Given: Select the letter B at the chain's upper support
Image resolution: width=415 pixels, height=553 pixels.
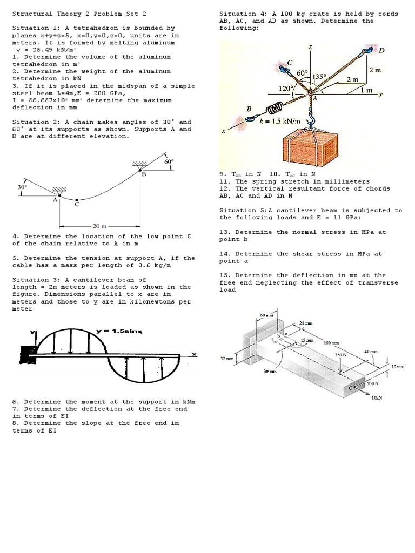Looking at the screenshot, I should coord(144,175).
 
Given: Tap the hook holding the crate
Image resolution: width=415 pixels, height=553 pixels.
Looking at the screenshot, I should coord(312,116).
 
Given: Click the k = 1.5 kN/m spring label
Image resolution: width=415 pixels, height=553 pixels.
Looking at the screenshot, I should coord(280,122).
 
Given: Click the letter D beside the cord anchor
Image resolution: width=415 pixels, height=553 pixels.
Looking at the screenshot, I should coord(381,51).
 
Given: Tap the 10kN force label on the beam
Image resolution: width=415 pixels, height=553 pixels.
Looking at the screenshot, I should coord(377,397).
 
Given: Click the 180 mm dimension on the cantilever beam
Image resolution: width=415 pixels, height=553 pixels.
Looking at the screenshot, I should coord(331,342).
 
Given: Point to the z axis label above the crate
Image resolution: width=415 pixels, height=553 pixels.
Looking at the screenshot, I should coord(310,48).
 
